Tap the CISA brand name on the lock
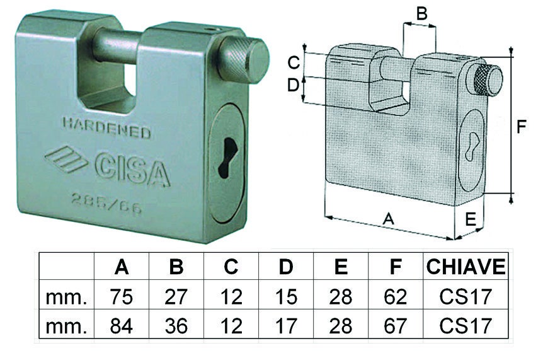point(131,169)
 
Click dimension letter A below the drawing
point(389,219)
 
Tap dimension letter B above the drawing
point(423,13)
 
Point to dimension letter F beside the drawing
point(522,127)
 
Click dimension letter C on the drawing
point(292,62)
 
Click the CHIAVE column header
point(466,267)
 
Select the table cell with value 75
point(122,296)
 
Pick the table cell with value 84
point(122,326)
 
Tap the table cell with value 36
point(176,326)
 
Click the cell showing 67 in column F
point(395,326)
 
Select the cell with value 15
point(285,296)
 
